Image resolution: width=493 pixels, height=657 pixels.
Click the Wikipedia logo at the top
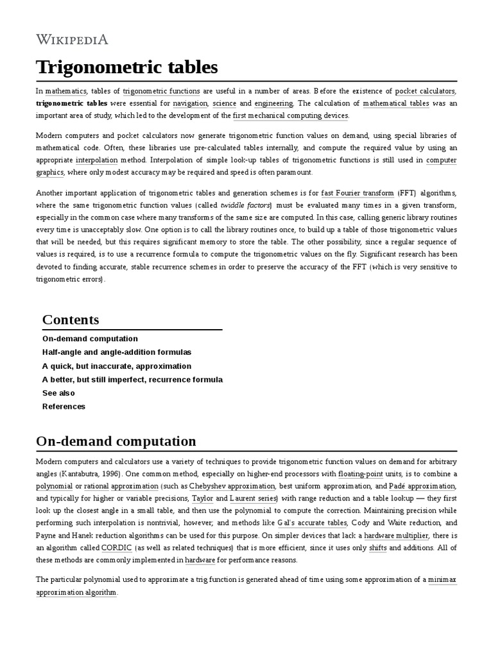72,40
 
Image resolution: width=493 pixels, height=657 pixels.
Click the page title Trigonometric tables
127,67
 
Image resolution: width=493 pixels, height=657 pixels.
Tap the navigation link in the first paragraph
190,103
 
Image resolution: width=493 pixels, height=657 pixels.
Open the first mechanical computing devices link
290,115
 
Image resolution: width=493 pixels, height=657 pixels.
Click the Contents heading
71,320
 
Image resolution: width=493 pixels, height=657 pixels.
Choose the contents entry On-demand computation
90,339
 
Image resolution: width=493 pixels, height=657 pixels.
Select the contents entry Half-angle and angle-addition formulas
117,352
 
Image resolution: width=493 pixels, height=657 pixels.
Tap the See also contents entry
58,393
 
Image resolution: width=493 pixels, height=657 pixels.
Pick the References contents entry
64,406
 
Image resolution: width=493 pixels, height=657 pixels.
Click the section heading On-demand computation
116,441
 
